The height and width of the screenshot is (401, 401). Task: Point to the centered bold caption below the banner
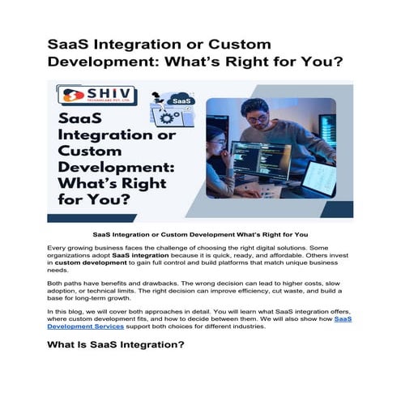coord(200,235)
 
